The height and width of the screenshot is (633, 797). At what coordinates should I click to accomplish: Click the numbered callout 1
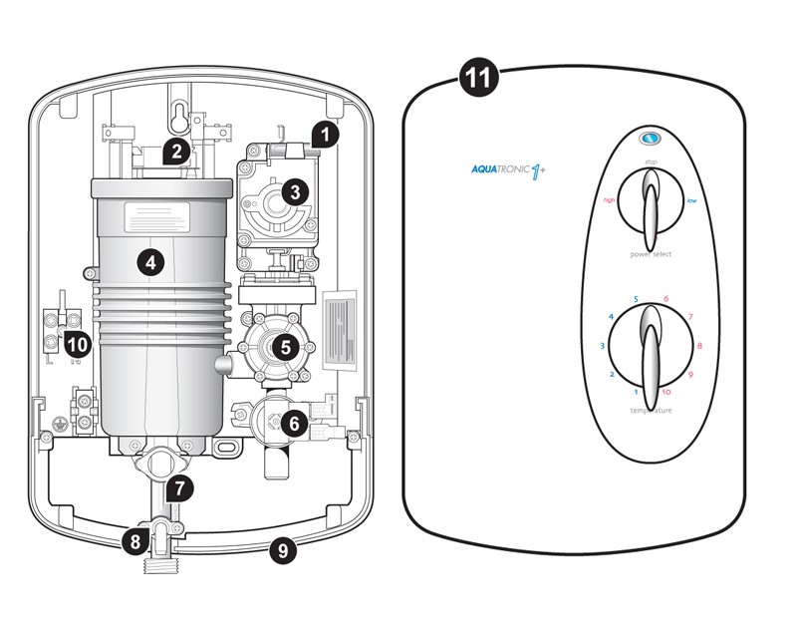[x=326, y=133]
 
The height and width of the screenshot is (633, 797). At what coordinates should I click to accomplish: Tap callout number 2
[x=176, y=152]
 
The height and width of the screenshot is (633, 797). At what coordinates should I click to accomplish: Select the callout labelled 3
[x=294, y=190]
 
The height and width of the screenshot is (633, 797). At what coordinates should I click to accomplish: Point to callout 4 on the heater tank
[x=149, y=262]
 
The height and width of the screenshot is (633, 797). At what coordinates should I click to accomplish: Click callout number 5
[x=286, y=347]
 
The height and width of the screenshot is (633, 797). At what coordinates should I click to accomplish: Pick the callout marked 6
[x=292, y=423]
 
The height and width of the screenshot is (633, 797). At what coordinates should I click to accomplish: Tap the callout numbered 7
[x=178, y=488]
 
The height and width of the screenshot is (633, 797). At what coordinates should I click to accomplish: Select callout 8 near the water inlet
[x=134, y=543]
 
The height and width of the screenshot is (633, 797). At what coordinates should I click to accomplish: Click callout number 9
[x=283, y=548]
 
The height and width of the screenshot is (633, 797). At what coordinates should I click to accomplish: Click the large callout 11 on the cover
[x=480, y=78]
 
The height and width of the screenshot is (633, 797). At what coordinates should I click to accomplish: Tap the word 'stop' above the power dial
[x=650, y=159]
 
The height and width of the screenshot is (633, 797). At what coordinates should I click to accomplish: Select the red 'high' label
[x=609, y=200]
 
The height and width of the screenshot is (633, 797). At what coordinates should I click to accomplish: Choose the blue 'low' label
[x=691, y=200]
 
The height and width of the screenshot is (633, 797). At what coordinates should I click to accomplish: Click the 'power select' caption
[x=650, y=254]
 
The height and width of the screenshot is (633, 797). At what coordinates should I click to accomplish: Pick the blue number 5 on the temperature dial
[x=635, y=299]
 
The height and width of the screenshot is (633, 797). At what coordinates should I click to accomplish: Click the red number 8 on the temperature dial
[x=699, y=346]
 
